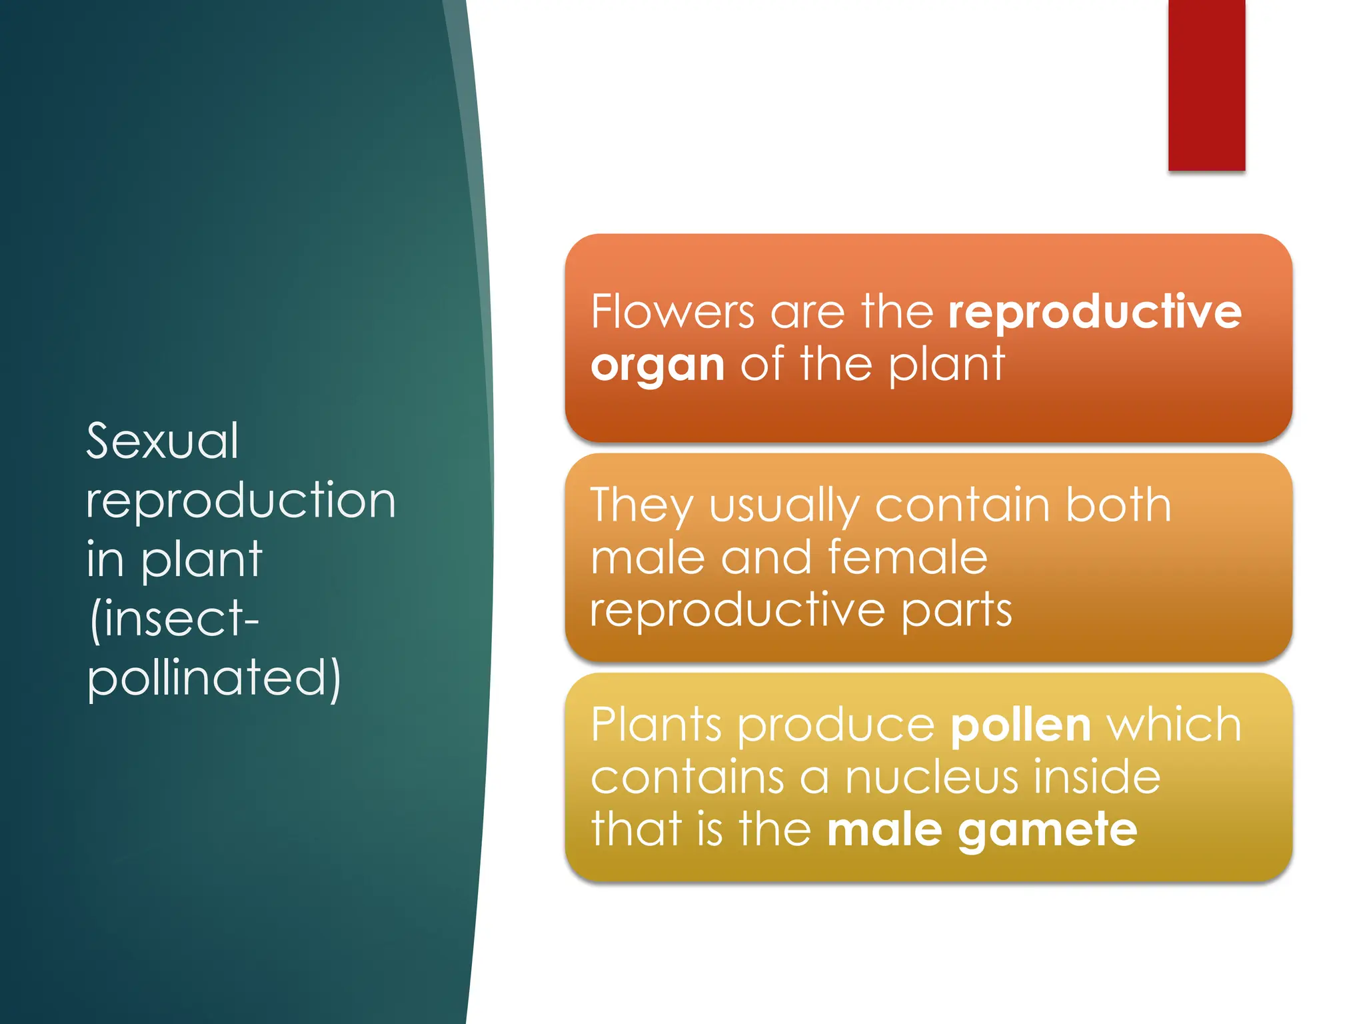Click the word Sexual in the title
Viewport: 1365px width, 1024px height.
pos(162,441)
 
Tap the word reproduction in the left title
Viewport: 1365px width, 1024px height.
pos(241,501)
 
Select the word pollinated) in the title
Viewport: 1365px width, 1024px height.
pos(213,679)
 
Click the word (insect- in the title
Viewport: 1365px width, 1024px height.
pos(173,620)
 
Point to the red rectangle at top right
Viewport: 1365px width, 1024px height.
pos(1206,85)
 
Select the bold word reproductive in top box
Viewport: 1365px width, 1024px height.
pos(1094,312)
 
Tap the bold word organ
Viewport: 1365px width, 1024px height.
pos(657,365)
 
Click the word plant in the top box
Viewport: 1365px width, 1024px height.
pos(946,365)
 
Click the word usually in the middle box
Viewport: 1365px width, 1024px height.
pos(783,505)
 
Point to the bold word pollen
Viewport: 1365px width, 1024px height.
pos(1020,725)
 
